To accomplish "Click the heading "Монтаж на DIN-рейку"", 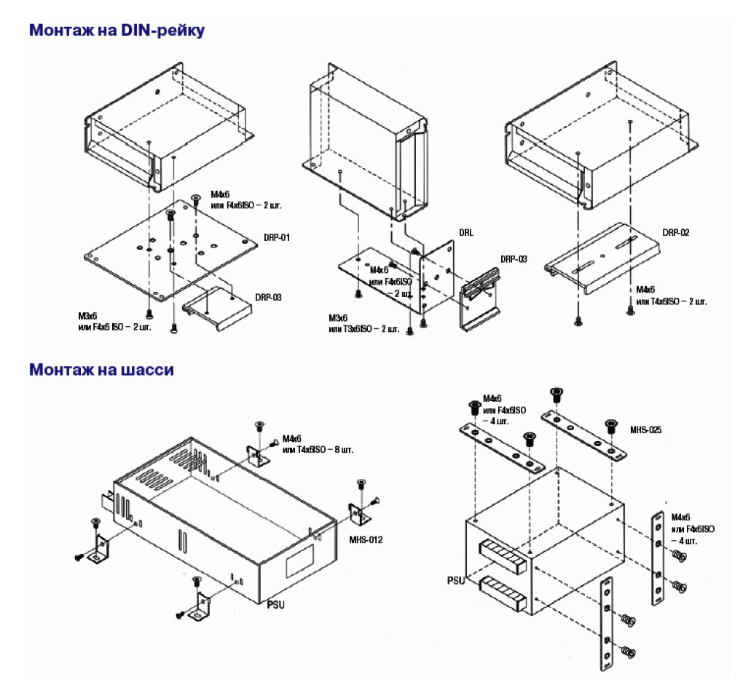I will [x=117, y=31].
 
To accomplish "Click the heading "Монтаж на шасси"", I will [x=101, y=370].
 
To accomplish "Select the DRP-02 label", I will [x=675, y=233].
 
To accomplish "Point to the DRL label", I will [x=466, y=233].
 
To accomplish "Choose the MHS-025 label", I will [x=645, y=429].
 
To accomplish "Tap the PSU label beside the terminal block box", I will [x=457, y=581].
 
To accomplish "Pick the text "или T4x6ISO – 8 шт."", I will [x=318, y=450].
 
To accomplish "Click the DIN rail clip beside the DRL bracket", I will [x=481, y=291].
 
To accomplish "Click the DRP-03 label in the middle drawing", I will [x=514, y=258].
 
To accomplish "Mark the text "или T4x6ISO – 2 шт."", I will [x=670, y=301].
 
